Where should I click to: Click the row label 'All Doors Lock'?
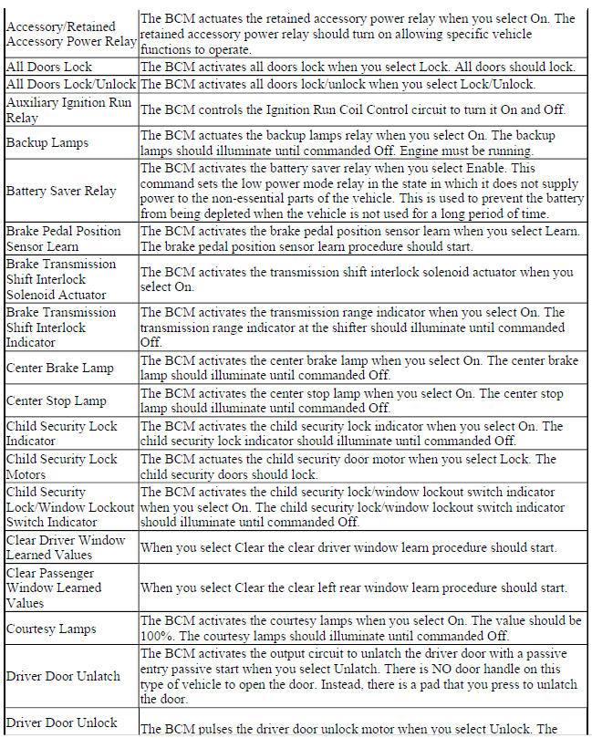pos(49,68)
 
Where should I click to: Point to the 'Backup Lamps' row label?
pos(45,143)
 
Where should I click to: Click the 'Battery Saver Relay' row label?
pos(61,191)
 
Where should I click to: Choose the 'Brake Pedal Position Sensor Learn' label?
pos(63,238)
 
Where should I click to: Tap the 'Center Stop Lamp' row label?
pos(57,400)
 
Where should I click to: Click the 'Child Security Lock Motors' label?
pos(61,466)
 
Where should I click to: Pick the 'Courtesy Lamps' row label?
pos(51,629)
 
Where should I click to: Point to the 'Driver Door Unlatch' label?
pos(63,676)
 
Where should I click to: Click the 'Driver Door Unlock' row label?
pos(61,722)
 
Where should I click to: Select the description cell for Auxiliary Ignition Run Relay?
pos(365,110)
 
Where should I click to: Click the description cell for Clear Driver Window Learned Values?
pos(365,547)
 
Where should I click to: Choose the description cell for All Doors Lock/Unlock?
pos(365,84)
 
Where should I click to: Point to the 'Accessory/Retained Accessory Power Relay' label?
pos(71,33)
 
